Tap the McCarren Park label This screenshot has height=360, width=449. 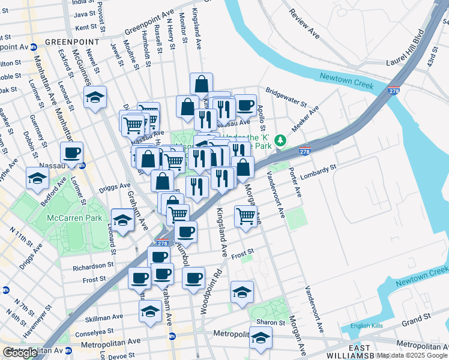coord(76,218)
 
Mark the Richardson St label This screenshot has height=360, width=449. coord(93,265)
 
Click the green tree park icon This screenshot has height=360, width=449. coord(280,141)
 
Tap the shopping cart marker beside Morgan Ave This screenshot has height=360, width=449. coord(246,216)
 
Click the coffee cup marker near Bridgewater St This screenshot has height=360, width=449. coord(245,105)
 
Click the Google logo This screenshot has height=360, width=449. coord(20,352)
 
